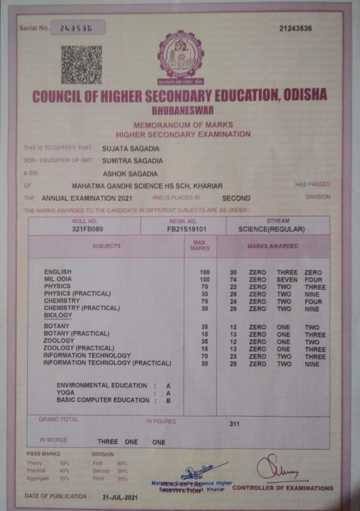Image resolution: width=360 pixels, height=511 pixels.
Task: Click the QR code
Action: pos(81,65)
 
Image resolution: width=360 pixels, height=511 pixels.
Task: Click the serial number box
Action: pos(77,28)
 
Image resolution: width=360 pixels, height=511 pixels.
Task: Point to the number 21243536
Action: pos(295,28)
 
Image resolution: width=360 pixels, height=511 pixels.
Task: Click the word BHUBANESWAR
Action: pos(183,110)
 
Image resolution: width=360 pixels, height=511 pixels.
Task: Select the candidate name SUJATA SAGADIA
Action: pos(131,149)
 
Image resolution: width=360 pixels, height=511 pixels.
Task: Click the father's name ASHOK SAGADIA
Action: pos(130,174)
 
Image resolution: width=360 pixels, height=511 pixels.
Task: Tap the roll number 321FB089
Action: pos(85,229)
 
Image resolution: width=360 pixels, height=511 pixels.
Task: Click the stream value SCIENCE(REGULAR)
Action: pos(271,230)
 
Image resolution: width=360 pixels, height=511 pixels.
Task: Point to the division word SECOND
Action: pos(236,198)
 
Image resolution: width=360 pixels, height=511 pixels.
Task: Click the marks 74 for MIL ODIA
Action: pos(233,280)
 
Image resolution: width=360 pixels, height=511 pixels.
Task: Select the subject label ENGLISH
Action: pos(58,272)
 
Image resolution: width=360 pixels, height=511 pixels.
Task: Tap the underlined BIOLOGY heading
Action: pos(58,315)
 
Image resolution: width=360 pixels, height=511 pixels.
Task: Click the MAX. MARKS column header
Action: pos(200,246)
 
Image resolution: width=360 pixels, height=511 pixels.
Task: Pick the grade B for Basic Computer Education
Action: pos(168,400)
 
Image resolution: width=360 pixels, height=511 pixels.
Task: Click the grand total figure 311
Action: pos(234,424)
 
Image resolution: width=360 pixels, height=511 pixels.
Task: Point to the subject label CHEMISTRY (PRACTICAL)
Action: pos(82,308)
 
